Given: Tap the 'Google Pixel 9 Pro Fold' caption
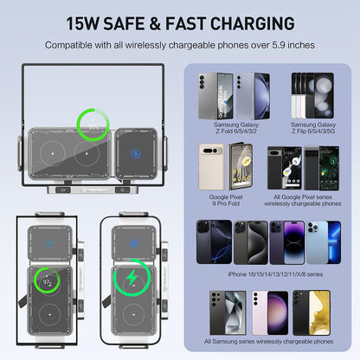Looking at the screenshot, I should [229, 202].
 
